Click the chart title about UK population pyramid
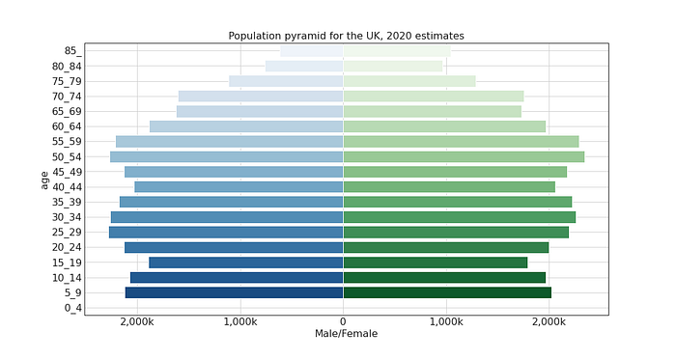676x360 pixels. pyautogui.click(x=346, y=36)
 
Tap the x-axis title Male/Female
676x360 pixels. pyautogui.click(x=346, y=334)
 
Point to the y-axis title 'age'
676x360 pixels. pyautogui.click(x=44, y=179)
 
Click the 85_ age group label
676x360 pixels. pyautogui.click(x=70, y=50)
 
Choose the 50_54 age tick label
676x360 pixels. pyautogui.click(x=66, y=156)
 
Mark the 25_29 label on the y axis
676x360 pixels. pyautogui.click(x=66, y=233)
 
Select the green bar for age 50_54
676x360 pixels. pyautogui.click(x=464, y=156)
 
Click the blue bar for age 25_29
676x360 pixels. pyautogui.click(x=226, y=233)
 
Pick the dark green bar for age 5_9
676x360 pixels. pyautogui.click(x=447, y=292)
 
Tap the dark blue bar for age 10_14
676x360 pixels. pyautogui.click(x=237, y=278)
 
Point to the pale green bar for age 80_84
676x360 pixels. pyautogui.click(x=393, y=66)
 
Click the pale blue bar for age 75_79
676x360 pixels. pyautogui.click(x=286, y=81)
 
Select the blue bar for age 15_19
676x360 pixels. pyautogui.click(x=246, y=263)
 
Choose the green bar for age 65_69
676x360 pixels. pyautogui.click(x=432, y=111)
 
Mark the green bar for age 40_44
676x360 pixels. pyautogui.click(x=449, y=186)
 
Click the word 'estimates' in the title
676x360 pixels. pyautogui.click(x=438, y=36)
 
